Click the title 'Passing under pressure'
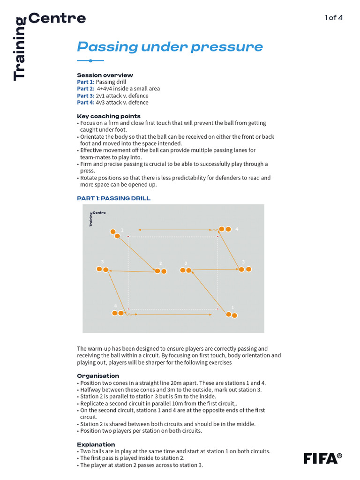pos(170,47)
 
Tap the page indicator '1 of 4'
pos(334,18)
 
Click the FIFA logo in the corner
pos(322,458)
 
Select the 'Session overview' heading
pos(105,75)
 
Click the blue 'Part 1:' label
pos(85,82)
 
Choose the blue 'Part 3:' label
pos(85,96)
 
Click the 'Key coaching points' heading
pos(108,116)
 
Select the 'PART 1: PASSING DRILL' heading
pos(113,198)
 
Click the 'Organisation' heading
pos(97,376)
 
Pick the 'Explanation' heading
pos(96,444)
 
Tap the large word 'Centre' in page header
pos(57,18)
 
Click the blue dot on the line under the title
pos(90,61)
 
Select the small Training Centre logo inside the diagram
pos(97,217)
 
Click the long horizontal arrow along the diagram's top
pos(173,230)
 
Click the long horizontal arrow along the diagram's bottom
pos(173,315)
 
